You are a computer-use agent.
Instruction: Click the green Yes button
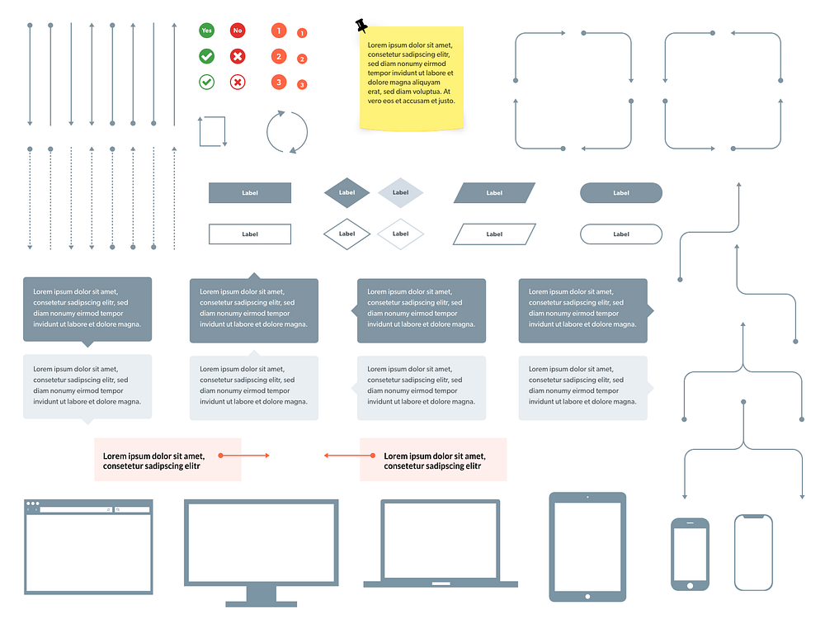206,31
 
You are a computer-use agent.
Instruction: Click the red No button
238,31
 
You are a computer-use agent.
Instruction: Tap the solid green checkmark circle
206,56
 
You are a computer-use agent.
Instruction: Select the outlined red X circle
238,83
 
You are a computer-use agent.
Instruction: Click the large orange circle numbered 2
279,56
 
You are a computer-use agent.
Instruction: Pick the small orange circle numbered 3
302,85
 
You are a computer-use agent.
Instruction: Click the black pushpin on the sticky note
361,26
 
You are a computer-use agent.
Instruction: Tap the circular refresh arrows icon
287,132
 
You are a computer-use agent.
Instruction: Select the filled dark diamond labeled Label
346,193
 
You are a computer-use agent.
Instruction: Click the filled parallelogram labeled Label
494,193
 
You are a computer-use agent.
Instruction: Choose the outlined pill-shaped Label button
621,234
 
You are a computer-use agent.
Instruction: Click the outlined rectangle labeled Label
250,234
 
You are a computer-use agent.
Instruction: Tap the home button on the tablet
587,596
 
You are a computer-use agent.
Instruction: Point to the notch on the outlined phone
753,517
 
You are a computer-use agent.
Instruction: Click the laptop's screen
440,539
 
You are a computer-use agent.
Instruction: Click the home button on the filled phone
690,585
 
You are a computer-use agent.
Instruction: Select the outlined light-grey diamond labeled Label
400,234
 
